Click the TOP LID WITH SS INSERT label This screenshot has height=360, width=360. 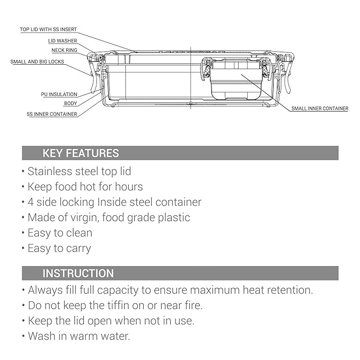pyautogui.click(x=48, y=29)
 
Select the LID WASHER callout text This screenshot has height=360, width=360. pyautogui.click(x=63, y=41)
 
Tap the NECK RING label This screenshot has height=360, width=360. pyautogui.click(x=64, y=50)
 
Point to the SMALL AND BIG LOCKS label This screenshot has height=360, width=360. pyautogui.click(x=37, y=62)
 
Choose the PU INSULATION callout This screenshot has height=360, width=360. pyautogui.click(x=59, y=94)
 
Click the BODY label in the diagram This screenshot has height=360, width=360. pyautogui.click(x=71, y=103)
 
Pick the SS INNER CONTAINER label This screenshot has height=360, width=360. pyautogui.click(x=52, y=114)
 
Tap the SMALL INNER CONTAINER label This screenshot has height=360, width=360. pyautogui.click(x=320, y=108)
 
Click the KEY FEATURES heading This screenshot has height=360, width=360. pyautogui.click(x=81, y=153)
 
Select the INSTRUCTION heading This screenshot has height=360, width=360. pyautogui.click(x=78, y=273)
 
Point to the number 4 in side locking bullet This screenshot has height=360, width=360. pyautogui.click(x=31, y=203)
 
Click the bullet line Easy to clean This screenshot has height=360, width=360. pyautogui.click(x=57, y=233)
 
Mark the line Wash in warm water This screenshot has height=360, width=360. pyautogui.click(x=76, y=336)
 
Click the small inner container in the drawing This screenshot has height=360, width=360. pyautogui.click(x=236, y=78)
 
